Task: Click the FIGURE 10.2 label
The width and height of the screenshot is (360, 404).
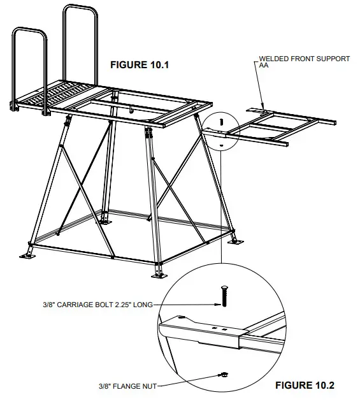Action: [304, 386]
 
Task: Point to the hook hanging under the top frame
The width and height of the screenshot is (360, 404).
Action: [132, 110]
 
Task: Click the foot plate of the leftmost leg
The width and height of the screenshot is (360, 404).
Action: [28, 255]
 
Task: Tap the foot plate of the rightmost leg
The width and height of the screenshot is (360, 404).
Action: [234, 241]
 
